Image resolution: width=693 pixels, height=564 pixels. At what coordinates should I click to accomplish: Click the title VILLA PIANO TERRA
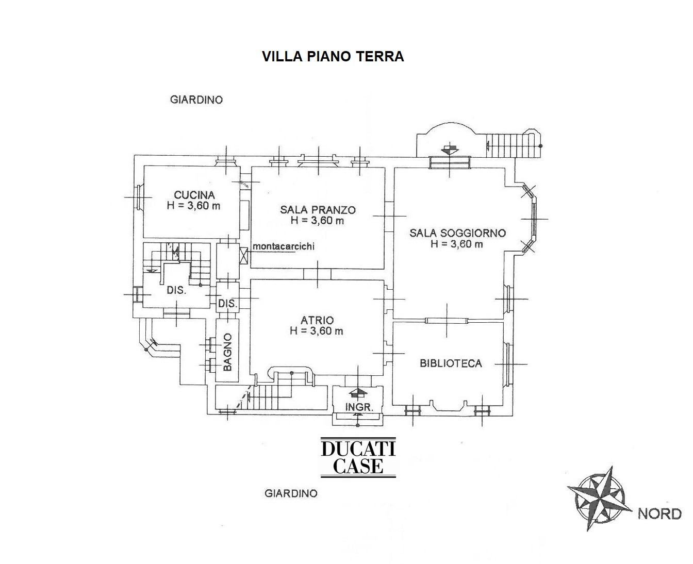(333, 56)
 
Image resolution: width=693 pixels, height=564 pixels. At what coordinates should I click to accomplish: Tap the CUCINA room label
(194, 195)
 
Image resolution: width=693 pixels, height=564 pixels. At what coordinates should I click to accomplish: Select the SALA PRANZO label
(318, 209)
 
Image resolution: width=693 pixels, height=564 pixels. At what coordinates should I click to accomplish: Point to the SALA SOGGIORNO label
(457, 233)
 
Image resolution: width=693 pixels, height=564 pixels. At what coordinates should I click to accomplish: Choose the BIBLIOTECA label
(451, 363)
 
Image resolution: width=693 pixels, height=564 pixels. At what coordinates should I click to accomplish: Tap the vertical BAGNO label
(227, 352)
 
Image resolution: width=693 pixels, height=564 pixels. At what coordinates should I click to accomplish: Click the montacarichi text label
(283, 246)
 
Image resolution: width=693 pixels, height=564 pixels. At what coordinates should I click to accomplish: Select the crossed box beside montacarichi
(244, 255)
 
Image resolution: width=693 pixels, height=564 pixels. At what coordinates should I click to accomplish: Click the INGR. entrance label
(359, 407)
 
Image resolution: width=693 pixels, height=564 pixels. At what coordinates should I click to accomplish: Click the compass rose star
(599, 499)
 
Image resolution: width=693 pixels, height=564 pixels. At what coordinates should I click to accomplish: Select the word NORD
(659, 513)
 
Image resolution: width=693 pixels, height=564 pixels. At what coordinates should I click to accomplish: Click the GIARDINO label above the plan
(196, 99)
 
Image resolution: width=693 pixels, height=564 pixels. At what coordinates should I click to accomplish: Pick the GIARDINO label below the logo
(291, 493)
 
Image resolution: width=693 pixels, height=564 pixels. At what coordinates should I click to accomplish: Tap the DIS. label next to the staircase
(176, 290)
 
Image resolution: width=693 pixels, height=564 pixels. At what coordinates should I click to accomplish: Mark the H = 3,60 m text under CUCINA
(194, 206)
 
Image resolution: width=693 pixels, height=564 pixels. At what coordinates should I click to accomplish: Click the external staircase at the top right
(511, 143)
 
